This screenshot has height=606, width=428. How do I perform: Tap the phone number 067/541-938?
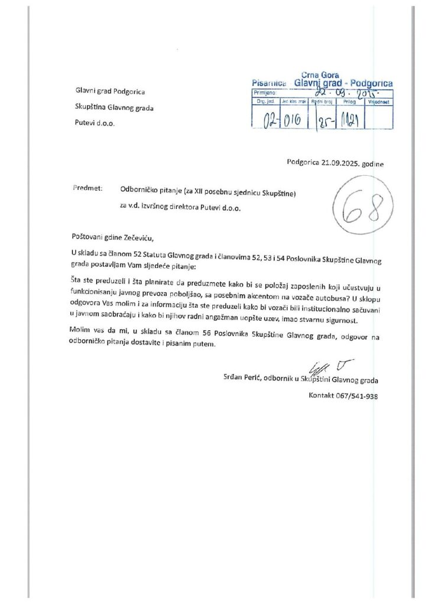click(356, 396)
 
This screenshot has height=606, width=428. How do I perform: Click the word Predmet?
click(87, 188)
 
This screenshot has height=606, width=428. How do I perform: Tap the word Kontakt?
click(322, 396)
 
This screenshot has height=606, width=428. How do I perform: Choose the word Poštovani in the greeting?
click(89, 238)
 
